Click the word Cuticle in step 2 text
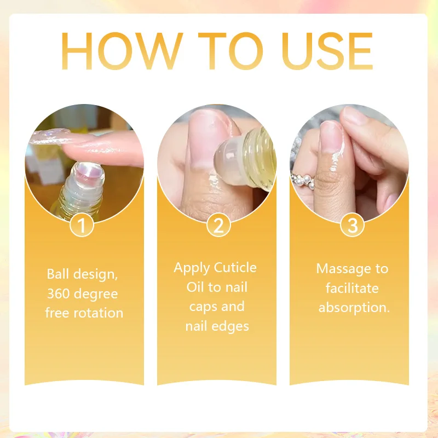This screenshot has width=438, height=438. tap(235, 268)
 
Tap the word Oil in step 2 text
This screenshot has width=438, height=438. tap(195, 287)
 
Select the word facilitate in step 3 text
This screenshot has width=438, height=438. tap(352, 288)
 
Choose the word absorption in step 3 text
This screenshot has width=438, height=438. tap(354, 307)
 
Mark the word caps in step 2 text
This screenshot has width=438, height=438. tap(203, 307)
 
